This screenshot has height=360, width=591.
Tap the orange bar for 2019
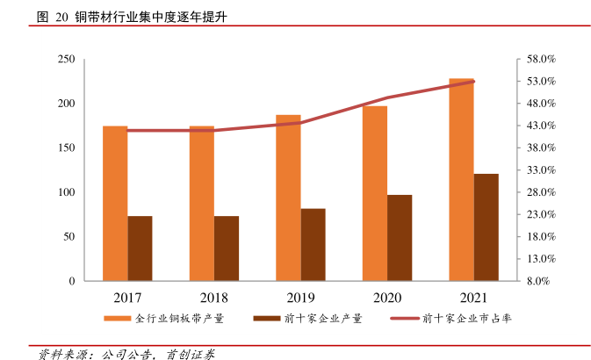click(x=288, y=198)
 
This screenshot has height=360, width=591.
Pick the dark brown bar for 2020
click(x=400, y=238)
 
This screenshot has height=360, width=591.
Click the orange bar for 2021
click(x=461, y=180)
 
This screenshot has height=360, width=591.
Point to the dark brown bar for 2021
click(x=486, y=227)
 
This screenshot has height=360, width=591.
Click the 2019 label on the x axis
click(x=300, y=298)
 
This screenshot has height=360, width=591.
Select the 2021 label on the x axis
click(x=473, y=298)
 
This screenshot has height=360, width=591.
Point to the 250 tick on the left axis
click(x=66, y=60)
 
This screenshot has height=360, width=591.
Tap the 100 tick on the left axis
click(x=66, y=192)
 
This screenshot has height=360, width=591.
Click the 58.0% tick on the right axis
click(x=541, y=60)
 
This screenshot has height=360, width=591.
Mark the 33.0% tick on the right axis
click(x=541, y=170)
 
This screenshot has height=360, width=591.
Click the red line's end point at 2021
click(x=473, y=82)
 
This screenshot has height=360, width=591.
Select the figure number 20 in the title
click(x=61, y=17)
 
